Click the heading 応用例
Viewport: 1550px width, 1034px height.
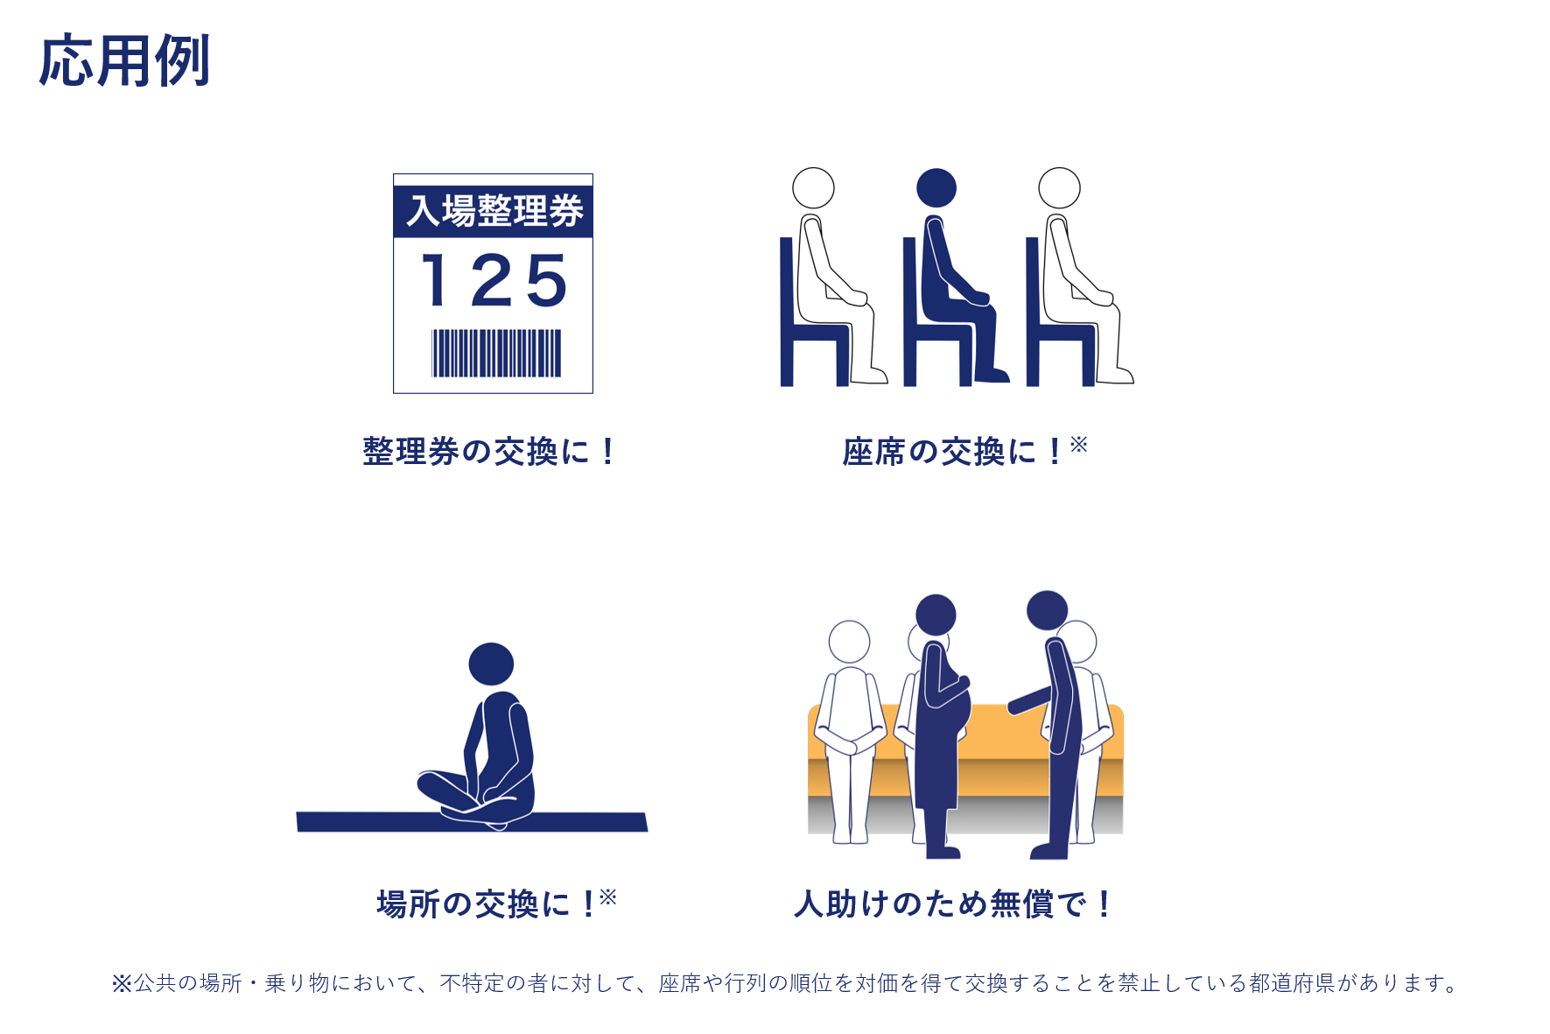(x=124, y=61)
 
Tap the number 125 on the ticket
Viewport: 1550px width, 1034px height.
(x=494, y=280)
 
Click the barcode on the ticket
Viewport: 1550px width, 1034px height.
(x=496, y=353)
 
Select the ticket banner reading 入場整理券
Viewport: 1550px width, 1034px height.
(x=494, y=211)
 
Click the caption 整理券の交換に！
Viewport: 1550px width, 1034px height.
(x=489, y=452)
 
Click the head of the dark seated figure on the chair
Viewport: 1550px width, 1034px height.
(x=936, y=188)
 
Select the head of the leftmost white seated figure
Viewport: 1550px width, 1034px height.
(x=813, y=188)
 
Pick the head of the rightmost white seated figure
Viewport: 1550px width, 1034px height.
(x=1059, y=188)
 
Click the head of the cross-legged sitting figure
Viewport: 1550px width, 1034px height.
(x=491, y=664)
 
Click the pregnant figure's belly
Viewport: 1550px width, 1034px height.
(x=961, y=711)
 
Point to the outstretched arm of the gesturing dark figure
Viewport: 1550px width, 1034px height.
(x=1029, y=700)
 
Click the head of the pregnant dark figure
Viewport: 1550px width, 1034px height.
(x=936, y=615)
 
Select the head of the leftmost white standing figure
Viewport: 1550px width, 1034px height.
(x=849, y=642)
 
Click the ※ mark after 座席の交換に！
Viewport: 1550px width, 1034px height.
(x=1078, y=444)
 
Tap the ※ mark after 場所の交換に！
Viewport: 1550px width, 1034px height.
(x=608, y=897)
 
